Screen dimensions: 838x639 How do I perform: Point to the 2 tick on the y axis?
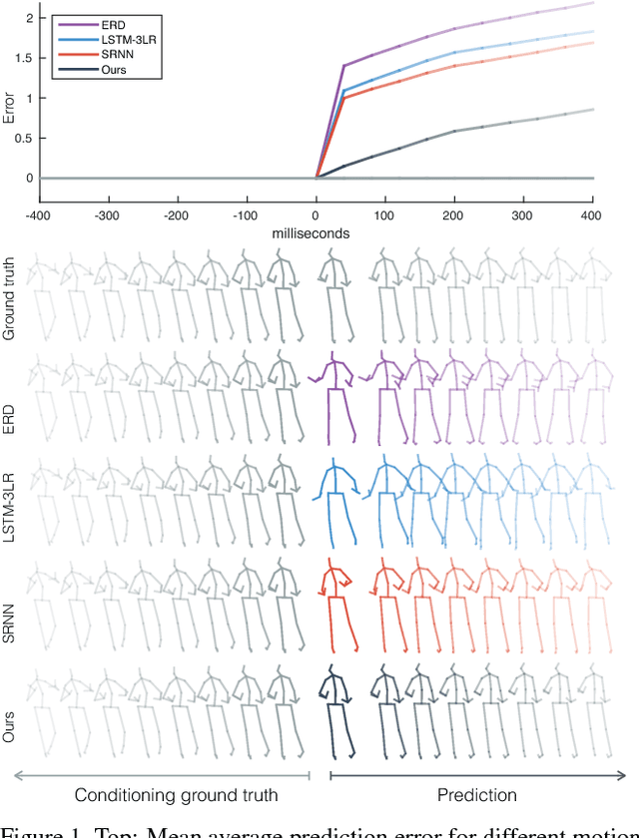pos(28,18)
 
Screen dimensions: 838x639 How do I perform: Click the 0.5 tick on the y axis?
pos(23,139)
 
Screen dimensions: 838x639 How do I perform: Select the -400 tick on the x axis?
pos(38,214)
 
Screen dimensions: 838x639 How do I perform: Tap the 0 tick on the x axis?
pos(317,214)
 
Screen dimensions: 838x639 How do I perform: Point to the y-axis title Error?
pos(9,99)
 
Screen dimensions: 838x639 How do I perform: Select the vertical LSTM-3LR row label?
pos(10,502)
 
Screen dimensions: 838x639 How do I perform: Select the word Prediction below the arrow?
pos(478,795)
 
